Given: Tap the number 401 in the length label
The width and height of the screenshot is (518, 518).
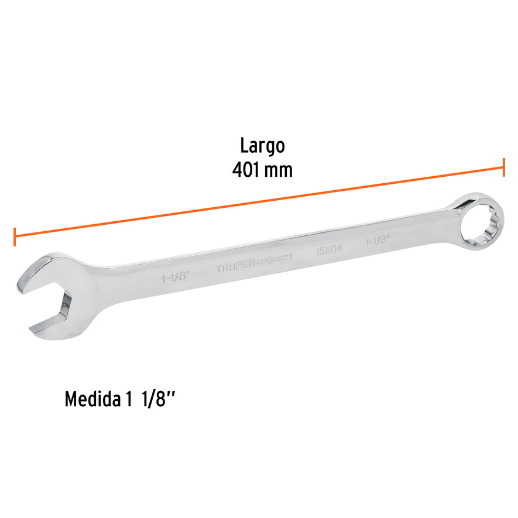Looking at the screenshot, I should (246, 170).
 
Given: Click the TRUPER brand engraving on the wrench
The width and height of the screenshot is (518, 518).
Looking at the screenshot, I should (235, 269).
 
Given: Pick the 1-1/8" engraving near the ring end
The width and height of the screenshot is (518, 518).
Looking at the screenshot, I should (378, 241).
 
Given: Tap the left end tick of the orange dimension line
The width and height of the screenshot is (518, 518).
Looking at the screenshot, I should (14, 237).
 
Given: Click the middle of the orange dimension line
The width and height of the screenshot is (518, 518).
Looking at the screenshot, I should (259, 203).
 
